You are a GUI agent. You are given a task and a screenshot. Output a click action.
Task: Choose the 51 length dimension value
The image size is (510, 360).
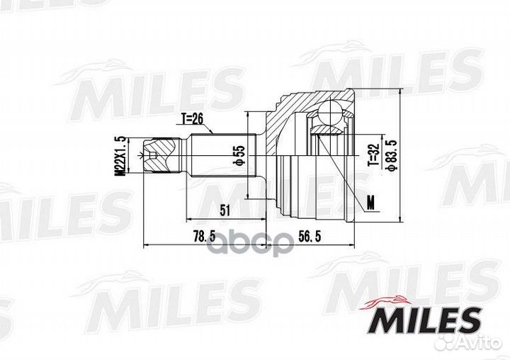225,210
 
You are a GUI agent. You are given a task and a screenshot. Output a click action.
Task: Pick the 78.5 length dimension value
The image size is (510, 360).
204,237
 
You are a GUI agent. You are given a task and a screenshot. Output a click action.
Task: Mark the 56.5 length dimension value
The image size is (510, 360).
310,236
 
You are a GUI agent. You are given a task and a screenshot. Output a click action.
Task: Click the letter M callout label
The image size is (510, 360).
370,203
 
